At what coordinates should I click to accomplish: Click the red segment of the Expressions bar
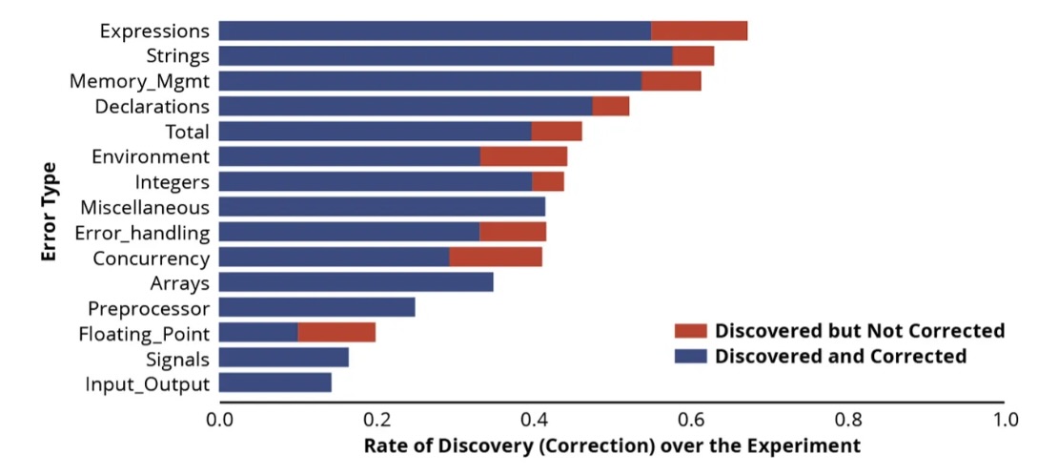click(x=699, y=31)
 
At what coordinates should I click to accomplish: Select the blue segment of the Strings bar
click(x=445, y=55)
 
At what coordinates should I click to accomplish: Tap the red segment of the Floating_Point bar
click(x=336, y=332)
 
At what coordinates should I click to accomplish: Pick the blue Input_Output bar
click(x=275, y=382)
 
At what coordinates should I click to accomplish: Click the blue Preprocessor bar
click(x=316, y=307)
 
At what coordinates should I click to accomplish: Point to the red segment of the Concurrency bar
click(x=496, y=257)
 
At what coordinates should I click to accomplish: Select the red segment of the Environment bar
click(x=523, y=156)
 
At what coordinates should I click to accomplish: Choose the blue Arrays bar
click(x=356, y=282)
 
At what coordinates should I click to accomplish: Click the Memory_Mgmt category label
click(x=139, y=81)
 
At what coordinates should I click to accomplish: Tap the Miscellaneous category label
click(x=145, y=207)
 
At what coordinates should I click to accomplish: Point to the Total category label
click(x=187, y=132)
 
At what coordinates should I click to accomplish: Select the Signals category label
click(x=178, y=359)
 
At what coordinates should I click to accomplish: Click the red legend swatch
click(x=690, y=331)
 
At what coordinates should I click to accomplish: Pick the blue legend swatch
click(x=690, y=356)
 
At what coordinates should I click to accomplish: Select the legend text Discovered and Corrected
click(x=841, y=356)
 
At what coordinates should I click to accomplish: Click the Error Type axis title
click(x=49, y=212)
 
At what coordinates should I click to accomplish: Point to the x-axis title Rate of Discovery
click(x=612, y=446)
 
